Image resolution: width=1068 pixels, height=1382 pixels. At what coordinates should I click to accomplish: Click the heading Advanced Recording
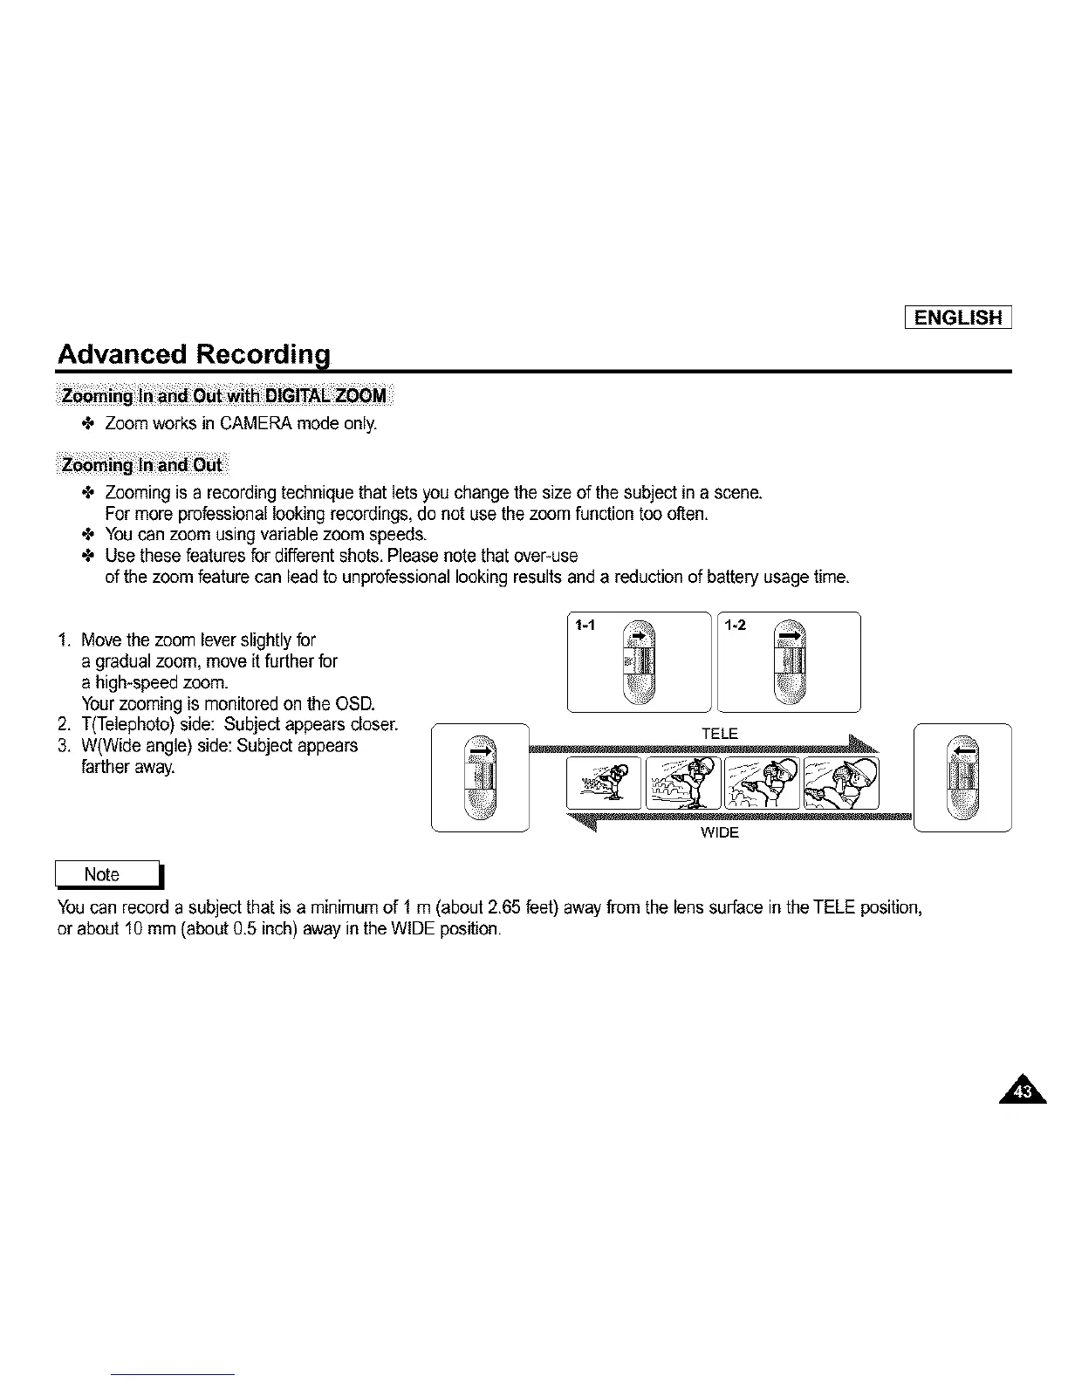pos(193,355)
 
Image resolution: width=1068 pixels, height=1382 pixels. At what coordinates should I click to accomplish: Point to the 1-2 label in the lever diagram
pos(736,625)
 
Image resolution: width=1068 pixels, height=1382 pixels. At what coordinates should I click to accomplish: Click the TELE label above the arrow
pos(720,734)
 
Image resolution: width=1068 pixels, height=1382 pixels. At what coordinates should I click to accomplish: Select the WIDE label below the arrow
pos(720,833)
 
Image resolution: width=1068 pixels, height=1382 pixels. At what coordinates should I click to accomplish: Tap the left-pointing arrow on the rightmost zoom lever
pos(962,750)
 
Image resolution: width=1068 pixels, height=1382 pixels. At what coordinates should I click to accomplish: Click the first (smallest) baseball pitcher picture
pos(603,783)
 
